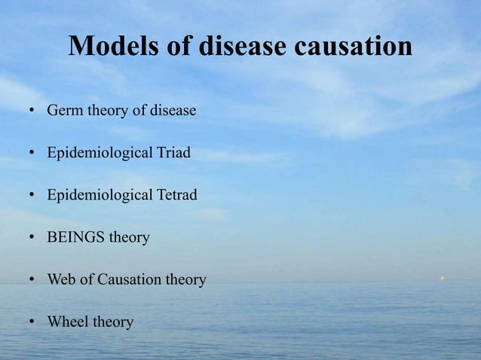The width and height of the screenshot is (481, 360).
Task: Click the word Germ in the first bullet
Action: click(x=66, y=111)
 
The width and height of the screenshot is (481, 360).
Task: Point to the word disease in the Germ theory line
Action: click(x=172, y=111)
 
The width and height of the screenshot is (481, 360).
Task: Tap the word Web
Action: click(x=61, y=279)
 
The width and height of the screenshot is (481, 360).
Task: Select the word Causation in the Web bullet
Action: click(x=130, y=279)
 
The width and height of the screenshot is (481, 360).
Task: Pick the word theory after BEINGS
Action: click(x=130, y=237)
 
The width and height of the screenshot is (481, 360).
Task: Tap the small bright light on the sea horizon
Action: click(x=443, y=278)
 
